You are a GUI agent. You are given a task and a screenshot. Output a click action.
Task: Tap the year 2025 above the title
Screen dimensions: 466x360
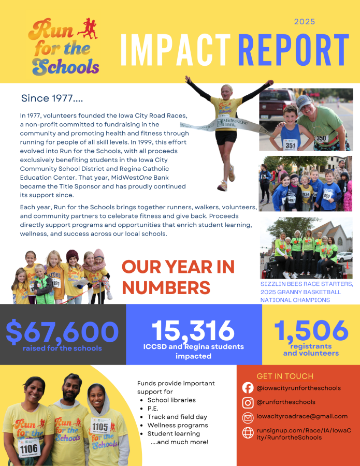(x=305, y=22)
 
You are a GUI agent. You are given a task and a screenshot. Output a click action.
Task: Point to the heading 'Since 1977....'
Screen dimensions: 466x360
(x=52, y=98)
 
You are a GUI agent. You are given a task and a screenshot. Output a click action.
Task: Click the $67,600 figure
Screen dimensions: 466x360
(x=62, y=332)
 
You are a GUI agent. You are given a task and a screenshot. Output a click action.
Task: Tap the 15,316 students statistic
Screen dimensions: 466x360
(x=193, y=331)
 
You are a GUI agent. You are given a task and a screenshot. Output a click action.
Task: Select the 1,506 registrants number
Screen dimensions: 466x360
(x=311, y=331)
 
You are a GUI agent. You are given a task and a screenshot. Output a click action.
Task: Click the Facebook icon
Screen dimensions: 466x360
(x=248, y=388)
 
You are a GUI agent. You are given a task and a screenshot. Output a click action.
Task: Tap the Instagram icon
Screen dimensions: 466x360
(x=248, y=402)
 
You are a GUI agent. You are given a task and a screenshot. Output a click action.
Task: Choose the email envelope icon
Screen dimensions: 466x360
(x=248, y=417)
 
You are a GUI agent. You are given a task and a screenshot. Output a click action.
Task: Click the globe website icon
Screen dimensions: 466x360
(x=248, y=432)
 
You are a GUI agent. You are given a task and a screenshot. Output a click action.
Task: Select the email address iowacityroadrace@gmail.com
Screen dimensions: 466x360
(x=302, y=416)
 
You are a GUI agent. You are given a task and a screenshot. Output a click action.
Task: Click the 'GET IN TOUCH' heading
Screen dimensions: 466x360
(x=285, y=376)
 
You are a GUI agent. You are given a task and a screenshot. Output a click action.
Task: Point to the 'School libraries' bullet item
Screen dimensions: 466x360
(x=171, y=400)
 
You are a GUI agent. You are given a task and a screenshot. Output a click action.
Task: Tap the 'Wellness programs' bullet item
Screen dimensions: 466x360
(x=177, y=425)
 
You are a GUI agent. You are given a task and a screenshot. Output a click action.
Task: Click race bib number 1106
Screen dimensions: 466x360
(x=29, y=447)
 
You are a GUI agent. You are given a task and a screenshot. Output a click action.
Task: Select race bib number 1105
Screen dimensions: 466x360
(x=100, y=426)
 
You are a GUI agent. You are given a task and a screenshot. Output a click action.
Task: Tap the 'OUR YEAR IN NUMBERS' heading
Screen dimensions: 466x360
(x=178, y=277)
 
